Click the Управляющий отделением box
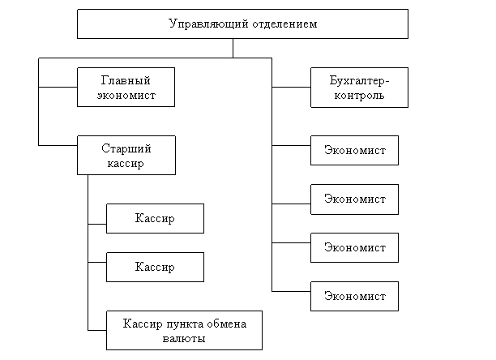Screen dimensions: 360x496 [x=242, y=24]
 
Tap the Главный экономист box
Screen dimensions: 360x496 [x=126, y=88]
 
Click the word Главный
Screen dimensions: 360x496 [x=126, y=80]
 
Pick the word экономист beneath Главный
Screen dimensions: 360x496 [x=126, y=95]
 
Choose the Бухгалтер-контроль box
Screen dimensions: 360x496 [x=359, y=88]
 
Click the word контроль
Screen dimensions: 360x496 [x=359, y=95]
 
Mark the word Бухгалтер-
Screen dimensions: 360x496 [x=359, y=80]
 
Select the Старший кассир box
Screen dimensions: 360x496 [x=126, y=156]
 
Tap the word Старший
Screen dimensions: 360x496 [x=126, y=148]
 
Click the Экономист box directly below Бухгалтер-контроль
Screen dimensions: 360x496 [x=354, y=150]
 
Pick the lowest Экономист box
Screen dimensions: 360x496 [x=354, y=296]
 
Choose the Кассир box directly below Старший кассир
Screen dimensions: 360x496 [x=155, y=219]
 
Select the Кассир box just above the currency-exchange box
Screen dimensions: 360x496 [x=155, y=267]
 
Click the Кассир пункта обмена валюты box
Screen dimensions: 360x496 [x=184, y=330]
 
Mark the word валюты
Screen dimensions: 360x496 [x=184, y=338]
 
